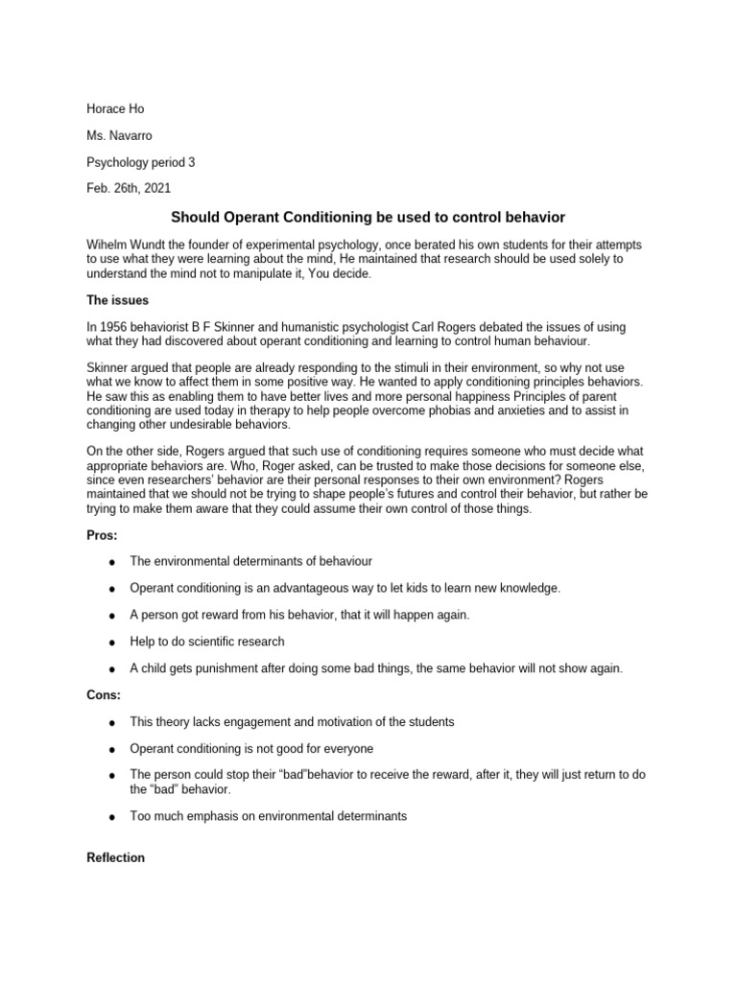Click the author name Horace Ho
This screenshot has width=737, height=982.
coord(115,109)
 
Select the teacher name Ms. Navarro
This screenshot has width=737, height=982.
coord(119,136)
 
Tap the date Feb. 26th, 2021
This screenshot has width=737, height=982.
coord(129,189)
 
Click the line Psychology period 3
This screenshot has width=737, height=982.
coord(140,163)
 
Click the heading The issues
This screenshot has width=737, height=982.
coord(117,300)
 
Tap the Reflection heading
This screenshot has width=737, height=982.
coord(115,858)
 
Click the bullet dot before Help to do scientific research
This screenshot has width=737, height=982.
coord(112,643)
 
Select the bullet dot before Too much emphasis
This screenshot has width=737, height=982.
coord(112,817)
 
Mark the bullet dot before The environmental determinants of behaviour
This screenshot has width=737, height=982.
coord(112,561)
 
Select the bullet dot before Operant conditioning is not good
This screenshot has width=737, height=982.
coord(112,749)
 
